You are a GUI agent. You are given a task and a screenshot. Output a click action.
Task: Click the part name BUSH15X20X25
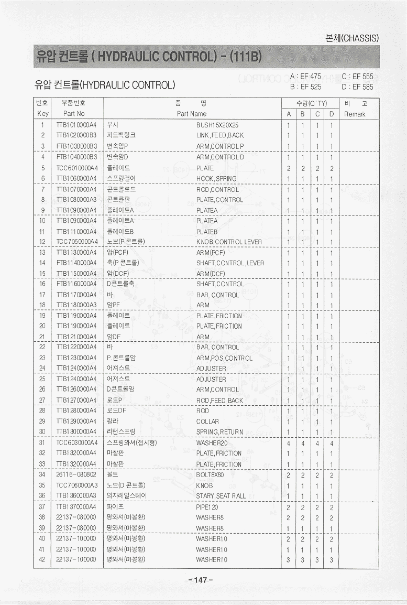[x=217, y=125]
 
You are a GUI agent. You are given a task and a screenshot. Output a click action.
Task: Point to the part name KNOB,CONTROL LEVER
[x=229, y=242]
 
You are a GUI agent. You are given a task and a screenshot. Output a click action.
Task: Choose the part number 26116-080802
[x=76, y=475]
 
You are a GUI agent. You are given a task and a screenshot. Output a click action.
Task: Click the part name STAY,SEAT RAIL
[x=221, y=496]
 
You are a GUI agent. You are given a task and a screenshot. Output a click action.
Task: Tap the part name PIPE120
[x=207, y=507]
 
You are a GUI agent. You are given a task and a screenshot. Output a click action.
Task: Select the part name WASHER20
[x=212, y=443]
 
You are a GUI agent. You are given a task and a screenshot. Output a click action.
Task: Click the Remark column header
[x=356, y=114]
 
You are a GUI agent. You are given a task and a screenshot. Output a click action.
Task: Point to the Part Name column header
[x=192, y=114]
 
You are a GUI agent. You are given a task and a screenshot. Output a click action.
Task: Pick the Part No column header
[x=74, y=114]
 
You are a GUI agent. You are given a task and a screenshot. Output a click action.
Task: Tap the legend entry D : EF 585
[x=357, y=87]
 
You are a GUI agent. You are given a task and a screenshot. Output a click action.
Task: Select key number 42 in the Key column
[x=42, y=560]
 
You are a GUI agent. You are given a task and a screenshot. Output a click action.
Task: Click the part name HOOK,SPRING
[x=216, y=179]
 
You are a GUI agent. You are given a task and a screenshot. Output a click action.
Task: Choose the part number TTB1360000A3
[x=76, y=496]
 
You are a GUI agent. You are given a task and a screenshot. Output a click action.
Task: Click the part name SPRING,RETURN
[x=219, y=433]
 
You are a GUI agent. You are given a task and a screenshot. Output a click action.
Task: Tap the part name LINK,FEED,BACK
[x=220, y=136]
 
